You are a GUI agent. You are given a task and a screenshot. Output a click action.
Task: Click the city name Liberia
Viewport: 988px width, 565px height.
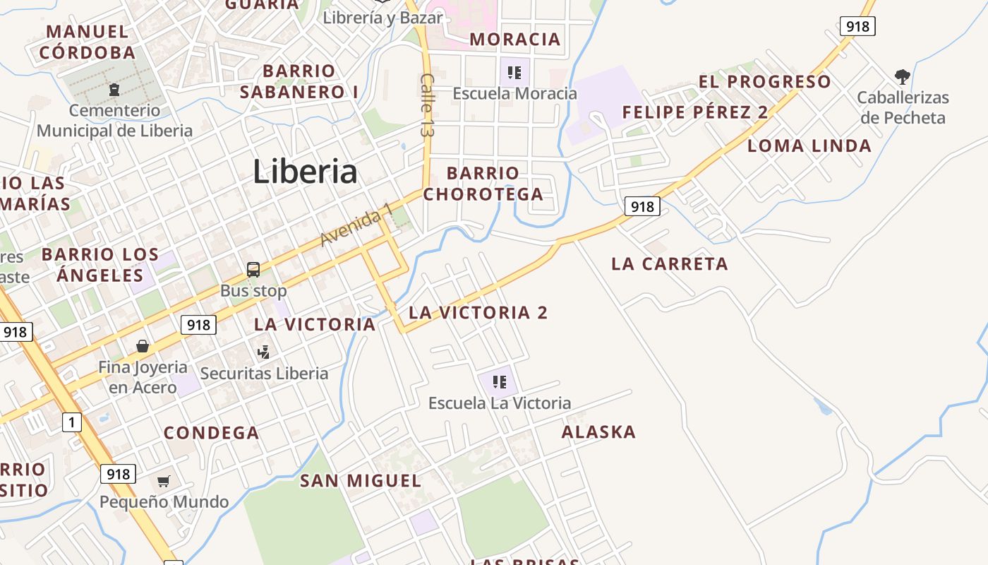pos(305,172)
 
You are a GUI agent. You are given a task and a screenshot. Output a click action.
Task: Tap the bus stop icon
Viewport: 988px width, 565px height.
pos(253,269)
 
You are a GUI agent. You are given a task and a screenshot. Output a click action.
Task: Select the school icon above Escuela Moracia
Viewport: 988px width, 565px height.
pos(514,71)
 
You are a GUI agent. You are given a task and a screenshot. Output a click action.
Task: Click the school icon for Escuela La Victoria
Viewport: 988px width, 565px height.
pos(500,382)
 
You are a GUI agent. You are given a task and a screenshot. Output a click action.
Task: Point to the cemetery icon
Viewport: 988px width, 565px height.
pos(114,90)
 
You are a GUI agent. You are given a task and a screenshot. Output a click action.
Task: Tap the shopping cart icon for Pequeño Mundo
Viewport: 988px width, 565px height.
pos(164,481)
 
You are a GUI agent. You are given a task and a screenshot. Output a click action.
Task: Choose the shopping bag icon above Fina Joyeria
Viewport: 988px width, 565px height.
pos(143,346)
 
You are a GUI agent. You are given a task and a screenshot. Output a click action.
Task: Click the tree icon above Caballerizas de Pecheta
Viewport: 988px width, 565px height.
pos(902,76)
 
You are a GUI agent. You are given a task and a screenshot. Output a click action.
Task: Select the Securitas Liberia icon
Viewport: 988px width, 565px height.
pos(264,352)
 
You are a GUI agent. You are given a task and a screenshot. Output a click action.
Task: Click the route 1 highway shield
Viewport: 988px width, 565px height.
pos(71,422)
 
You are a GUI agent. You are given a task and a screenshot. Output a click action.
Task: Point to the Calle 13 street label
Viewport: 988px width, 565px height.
pos(426,105)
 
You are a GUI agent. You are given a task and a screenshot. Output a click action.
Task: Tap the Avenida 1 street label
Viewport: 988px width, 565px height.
pos(356,225)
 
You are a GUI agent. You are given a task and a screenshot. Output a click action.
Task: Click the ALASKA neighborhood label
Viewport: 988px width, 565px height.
pos(598,432)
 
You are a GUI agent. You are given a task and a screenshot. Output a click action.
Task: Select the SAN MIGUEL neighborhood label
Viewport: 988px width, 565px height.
pos(361,481)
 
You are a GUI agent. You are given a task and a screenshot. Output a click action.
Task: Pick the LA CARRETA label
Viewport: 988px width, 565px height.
pos(669,264)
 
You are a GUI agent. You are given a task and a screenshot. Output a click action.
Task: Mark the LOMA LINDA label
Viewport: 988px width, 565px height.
pos(809,146)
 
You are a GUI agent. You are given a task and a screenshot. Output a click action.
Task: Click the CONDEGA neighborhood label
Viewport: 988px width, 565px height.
pos(211,433)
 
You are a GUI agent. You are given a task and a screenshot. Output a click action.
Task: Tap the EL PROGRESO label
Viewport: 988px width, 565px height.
pos(764,82)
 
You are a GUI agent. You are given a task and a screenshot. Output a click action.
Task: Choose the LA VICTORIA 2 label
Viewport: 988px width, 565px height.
pos(478,312)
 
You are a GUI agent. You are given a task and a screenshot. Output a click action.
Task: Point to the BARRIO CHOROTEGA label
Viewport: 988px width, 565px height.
pos(483,183)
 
